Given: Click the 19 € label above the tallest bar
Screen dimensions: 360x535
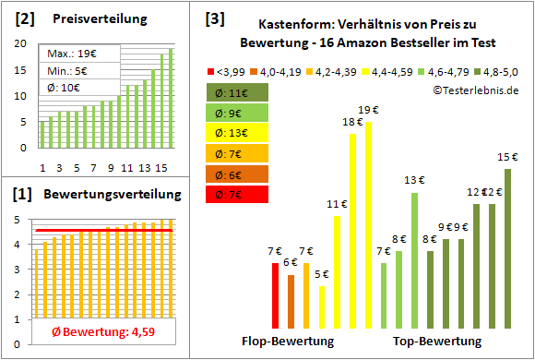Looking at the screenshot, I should pos(368,111).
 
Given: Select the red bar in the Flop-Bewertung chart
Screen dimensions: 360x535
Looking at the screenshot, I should pos(275,295).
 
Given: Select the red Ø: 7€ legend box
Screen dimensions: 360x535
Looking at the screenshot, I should pos(236,195).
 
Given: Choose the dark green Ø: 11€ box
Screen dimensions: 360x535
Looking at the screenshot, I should pos(236,93).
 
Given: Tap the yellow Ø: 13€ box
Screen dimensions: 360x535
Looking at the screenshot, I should pos(236,134).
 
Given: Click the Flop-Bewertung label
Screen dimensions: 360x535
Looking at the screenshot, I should pos(288,342).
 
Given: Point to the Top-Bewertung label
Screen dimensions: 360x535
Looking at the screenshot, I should pos(437,342).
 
